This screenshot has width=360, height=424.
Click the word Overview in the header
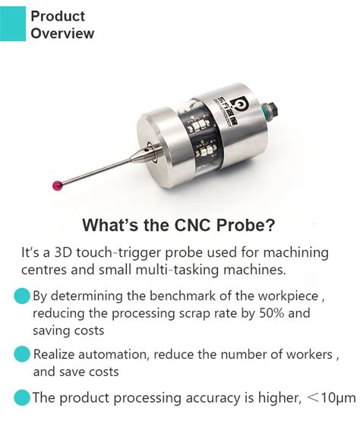[x=62, y=33]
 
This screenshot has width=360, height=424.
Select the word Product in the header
[x=58, y=16]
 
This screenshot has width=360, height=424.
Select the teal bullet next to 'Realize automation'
[x=23, y=355]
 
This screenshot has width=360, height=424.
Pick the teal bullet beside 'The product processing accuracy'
[x=23, y=396]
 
